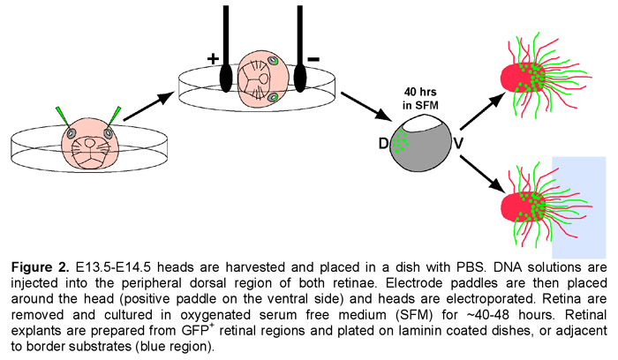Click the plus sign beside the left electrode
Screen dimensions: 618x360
coord(213,59)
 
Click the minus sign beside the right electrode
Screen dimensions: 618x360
coord(313,59)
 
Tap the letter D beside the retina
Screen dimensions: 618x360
coord(383,144)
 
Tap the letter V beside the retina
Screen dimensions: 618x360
coord(458,144)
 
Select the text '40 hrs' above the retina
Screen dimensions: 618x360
coord(420,92)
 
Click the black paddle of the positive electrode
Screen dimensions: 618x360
coord(226,79)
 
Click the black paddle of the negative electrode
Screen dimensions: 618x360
coord(300,79)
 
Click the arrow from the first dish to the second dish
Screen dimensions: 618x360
coord(148,107)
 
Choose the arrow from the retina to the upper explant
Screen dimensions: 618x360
coord(483,111)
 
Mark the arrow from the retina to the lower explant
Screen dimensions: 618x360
coord(483,174)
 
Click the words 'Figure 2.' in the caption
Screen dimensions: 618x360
coord(41,267)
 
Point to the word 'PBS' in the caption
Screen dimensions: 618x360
coord(471,267)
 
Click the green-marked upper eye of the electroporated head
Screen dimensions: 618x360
coord(273,61)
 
